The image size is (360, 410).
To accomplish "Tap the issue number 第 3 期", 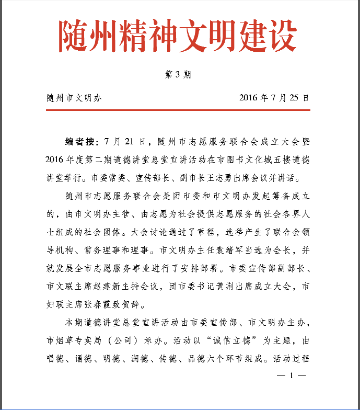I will [178, 74].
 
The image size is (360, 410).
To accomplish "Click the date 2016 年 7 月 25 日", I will [274, 98].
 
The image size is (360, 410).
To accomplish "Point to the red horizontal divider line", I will [178, 110].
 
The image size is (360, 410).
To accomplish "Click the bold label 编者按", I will [79, 142].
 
